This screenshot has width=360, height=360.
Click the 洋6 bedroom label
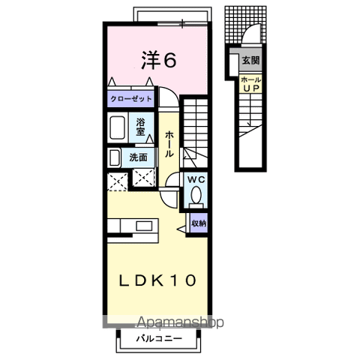159,60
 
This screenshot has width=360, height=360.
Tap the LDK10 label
157,280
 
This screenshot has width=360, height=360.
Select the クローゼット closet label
130,99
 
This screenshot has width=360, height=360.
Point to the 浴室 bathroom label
141,127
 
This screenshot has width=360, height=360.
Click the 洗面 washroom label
138,157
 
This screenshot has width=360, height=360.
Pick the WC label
196,179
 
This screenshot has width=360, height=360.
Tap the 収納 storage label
199,223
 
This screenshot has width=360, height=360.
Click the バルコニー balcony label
159,339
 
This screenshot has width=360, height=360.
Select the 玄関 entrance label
250,60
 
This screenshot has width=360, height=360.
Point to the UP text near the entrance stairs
250,88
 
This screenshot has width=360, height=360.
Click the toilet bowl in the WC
196,195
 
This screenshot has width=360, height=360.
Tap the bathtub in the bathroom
117,127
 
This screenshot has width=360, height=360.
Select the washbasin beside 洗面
114,158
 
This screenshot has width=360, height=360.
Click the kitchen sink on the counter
142,226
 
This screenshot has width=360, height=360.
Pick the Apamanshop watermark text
181,322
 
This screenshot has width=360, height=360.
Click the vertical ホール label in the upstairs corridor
169,144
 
